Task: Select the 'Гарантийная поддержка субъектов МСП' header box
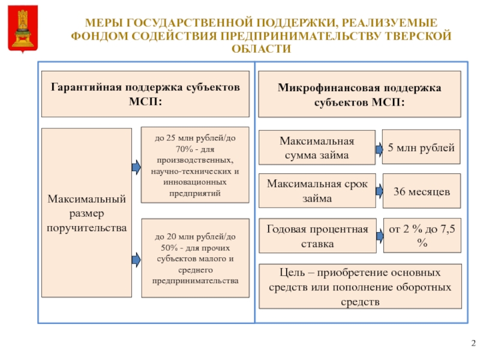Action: click(145, 94)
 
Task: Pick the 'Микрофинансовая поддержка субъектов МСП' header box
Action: click(359, 94)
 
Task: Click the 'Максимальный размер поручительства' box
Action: click(86, 212)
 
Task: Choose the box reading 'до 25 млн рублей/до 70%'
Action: click(194, 165)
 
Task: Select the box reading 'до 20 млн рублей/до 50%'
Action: click(194, 258)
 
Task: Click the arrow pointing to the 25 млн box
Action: click(136, 166)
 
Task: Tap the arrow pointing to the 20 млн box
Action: click(136, 259)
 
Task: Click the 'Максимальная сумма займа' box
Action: click(317, 148)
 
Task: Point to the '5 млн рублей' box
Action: click(421, 147)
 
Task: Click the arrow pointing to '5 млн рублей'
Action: click(380, 148)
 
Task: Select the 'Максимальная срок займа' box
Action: click(317, 190)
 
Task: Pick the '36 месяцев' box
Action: click(421, 190)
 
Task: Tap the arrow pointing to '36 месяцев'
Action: click(380, 191)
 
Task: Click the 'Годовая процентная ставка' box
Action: click(317, 236)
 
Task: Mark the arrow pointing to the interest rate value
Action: click(380, 236)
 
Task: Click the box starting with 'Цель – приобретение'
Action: click(360, 286)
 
